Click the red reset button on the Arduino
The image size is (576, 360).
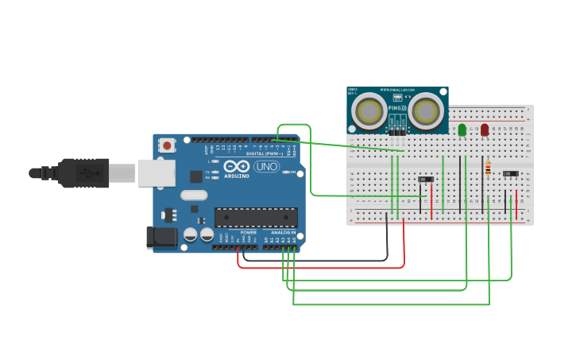coord(167,145)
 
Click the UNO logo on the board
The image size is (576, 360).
coord(267,167)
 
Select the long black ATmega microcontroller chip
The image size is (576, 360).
coord(256,217)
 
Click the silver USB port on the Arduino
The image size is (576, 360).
coord(157,172)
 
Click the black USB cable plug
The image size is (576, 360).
coord(83,172)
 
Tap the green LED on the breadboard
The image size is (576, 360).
coord(462,130)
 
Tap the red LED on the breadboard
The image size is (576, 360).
coord(485,130)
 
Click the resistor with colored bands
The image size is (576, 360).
coord(488,168)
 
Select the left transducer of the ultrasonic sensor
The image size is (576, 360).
coord(369,111)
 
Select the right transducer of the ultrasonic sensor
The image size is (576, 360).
coord(426,111)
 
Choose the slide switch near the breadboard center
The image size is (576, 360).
coord(426,180)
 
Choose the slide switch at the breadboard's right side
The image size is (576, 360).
coord(511,173)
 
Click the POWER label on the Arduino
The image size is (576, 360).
coord(249,233)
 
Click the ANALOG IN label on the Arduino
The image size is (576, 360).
coord(283,233)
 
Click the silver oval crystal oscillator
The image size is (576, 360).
coord(194,195)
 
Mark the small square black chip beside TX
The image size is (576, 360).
coord(195,176)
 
